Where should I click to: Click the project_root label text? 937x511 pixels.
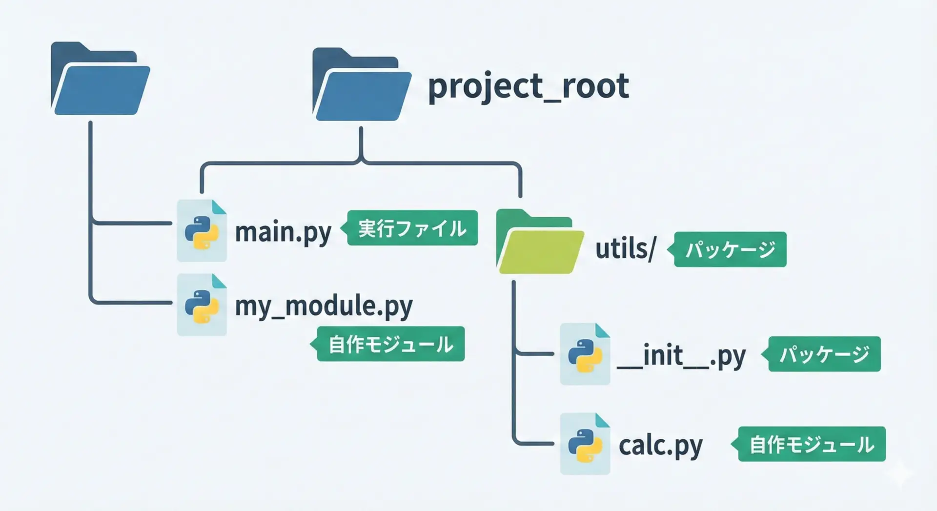tap(528, 86)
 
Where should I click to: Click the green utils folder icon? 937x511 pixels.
tap(540, 242)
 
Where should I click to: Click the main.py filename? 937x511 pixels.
tap(283, 232)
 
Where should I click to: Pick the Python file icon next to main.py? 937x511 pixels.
tap(202, 231)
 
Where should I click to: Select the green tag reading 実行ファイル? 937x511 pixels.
tap(412, 228)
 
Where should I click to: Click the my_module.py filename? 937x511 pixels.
tap(324, 307)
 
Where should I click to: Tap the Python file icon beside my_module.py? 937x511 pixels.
tap(202, 305)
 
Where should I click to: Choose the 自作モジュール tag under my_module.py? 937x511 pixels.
tap(390, 344)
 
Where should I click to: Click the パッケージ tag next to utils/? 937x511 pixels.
tap(730, 249)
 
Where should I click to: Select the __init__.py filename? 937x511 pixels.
tap(681, 356)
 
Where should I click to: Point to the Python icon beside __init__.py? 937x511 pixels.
tap(585, 354)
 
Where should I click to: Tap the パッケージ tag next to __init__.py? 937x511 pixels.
tap(824, 354)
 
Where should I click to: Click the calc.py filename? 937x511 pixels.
tap(660, 446)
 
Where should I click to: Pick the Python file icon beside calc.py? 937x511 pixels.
tap(585, 444)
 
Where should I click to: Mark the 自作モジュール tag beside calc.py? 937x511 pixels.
tap(811, 444)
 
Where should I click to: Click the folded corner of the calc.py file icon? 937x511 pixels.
tap(603, 420)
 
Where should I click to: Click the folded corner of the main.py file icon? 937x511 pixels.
tap(219, 207)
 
